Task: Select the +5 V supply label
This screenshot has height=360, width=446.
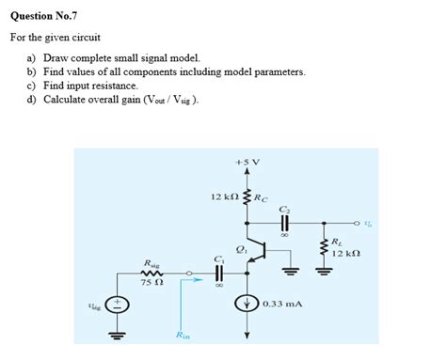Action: [247, 162]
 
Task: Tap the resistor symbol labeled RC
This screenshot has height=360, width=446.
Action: [247, 198]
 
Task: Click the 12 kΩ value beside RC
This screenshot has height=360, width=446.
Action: [225, 197]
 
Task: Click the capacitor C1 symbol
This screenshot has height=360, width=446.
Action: [218, 275]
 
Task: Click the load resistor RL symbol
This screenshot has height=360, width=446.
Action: [324, 247]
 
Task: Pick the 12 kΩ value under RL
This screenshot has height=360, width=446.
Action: [345, 254]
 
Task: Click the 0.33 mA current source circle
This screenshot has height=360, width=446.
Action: [247, 304]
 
